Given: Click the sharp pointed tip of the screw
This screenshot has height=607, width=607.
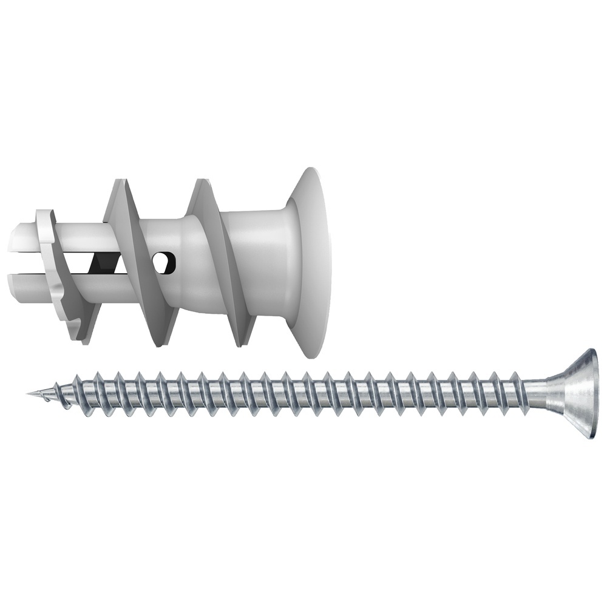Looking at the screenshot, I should coord(29,394).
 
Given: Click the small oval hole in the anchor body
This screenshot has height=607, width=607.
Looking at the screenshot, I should coord(164,262).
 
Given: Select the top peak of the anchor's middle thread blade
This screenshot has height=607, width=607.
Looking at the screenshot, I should coord(118,185).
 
